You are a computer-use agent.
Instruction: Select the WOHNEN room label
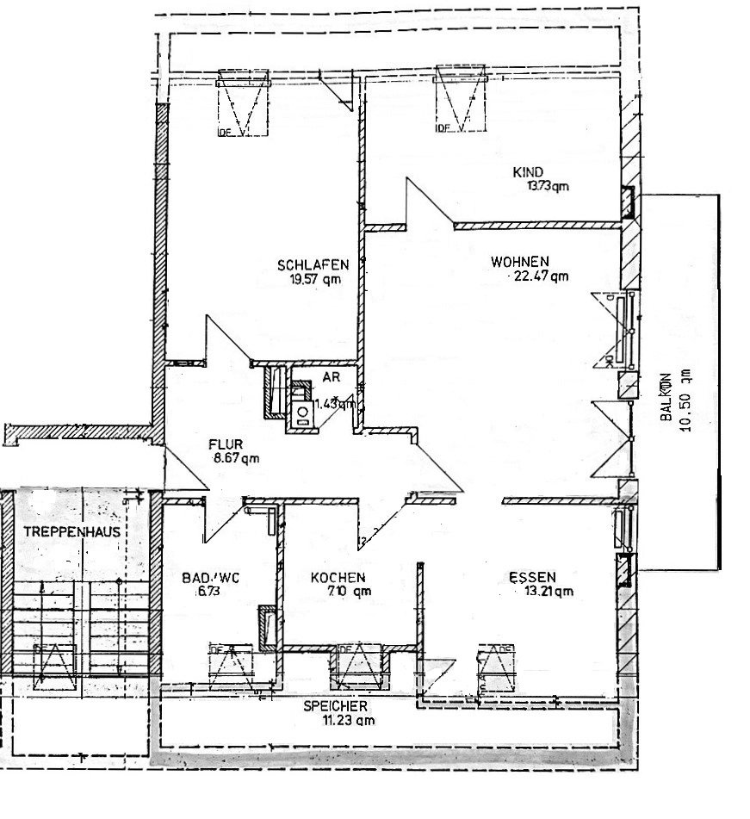[520, 261]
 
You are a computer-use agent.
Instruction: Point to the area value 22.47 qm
[540, 276]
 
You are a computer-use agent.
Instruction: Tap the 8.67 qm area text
[234, 459]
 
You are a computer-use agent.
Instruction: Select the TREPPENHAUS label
[71, 532]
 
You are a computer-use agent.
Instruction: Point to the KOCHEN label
[338, 578]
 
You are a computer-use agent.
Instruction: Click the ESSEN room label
[531, 577]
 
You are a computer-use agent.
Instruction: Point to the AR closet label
[331, 376]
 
